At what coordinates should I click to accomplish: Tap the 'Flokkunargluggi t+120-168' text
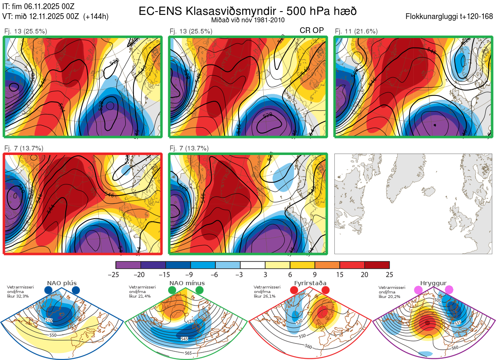click(449, 17)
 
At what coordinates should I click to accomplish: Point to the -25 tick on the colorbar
click(116, 274)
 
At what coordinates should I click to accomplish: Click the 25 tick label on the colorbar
click(389, 274)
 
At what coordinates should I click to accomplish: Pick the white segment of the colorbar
click(253, 265)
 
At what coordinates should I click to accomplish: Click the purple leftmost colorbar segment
click(128, 265)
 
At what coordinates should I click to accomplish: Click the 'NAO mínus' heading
click(187, 283)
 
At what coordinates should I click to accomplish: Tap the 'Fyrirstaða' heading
click(309, 283)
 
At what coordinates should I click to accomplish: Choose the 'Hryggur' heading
click(431, 283)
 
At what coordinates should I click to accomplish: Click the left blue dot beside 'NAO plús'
click(48, 291)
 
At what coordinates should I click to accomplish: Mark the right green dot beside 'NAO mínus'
click(200, 291)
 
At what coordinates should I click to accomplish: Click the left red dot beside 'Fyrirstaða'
click(294, 291)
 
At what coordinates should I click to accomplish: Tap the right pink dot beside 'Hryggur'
click(449, 290)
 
